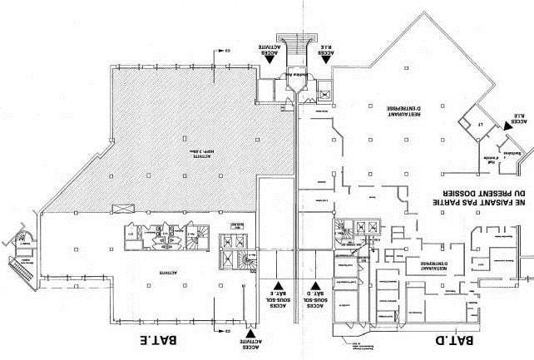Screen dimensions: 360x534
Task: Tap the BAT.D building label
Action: coord(455,341)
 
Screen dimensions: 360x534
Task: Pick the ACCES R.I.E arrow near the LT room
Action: coord(505,122)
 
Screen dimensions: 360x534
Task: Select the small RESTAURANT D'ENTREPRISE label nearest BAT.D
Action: coord(426,266)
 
